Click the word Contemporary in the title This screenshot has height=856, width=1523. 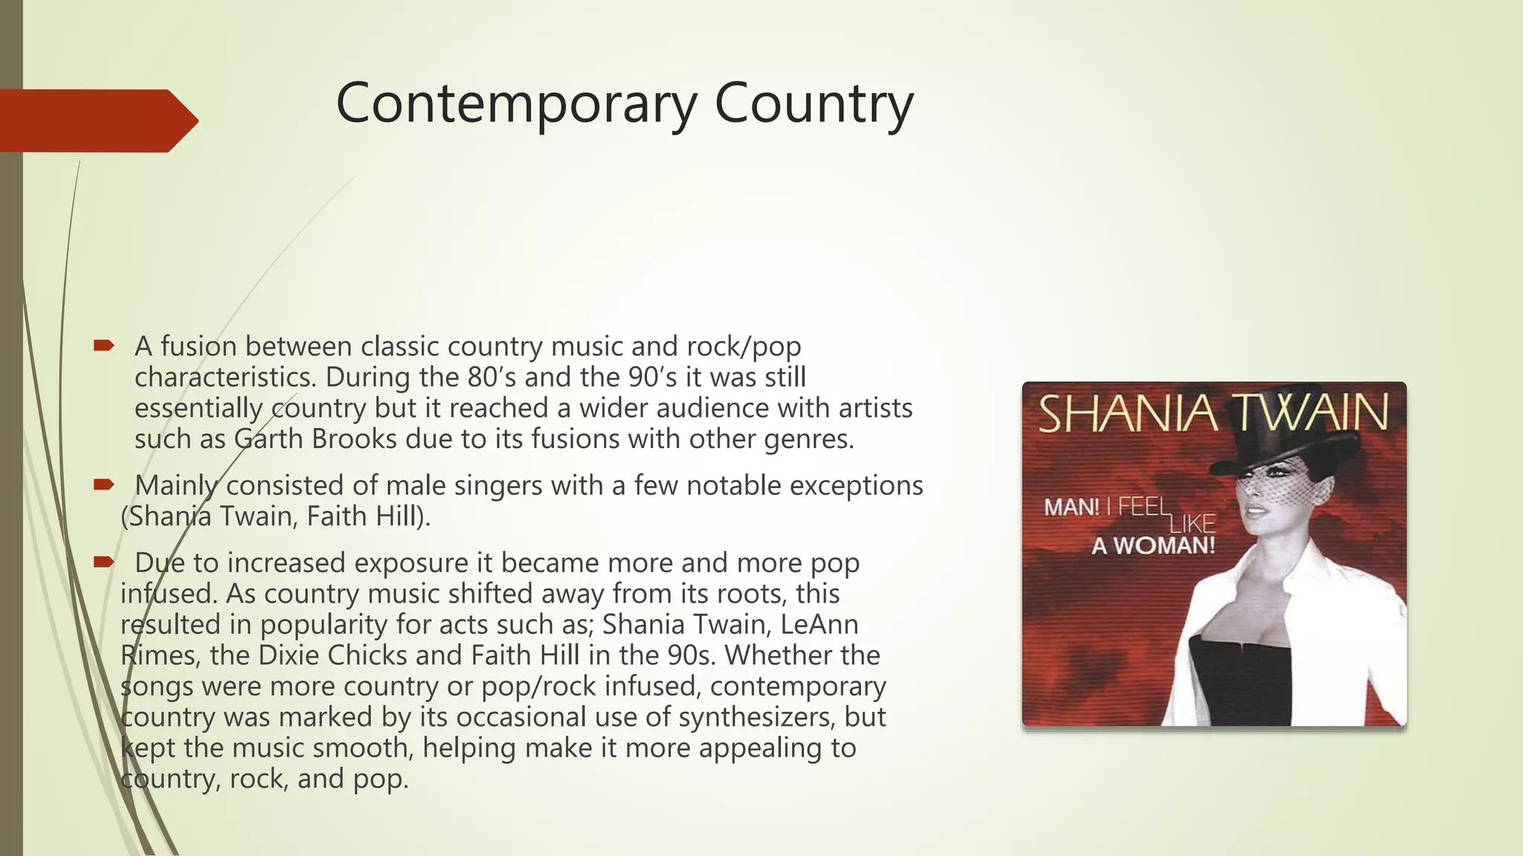[x=515, y=104]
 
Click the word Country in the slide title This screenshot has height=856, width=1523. [x=814, y=104]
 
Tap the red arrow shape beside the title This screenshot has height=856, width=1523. [x=97, y=120]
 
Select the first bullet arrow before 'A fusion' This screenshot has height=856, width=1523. [x=103, y=346]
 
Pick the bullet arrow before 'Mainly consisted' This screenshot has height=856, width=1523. [x=103, y=484]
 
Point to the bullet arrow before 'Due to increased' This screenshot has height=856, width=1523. [x=103, y=562]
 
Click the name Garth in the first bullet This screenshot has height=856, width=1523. [x=268, y=438]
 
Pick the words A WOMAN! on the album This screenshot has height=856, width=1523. [x=1153, y=546]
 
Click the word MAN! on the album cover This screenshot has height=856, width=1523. [x=1072, y=508]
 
